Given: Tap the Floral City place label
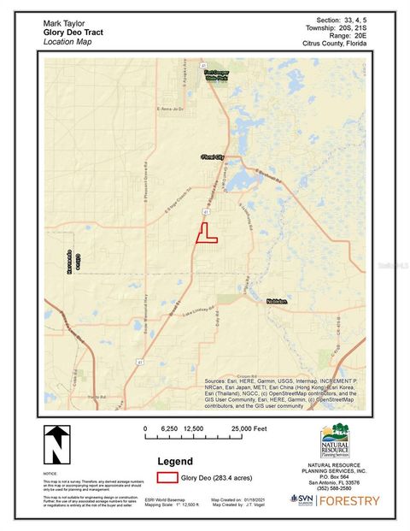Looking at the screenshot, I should [x=210, y=158].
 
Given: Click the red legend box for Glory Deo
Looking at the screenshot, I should [x=166, y=478].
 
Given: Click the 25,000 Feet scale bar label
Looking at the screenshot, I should [x=249, y=428].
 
